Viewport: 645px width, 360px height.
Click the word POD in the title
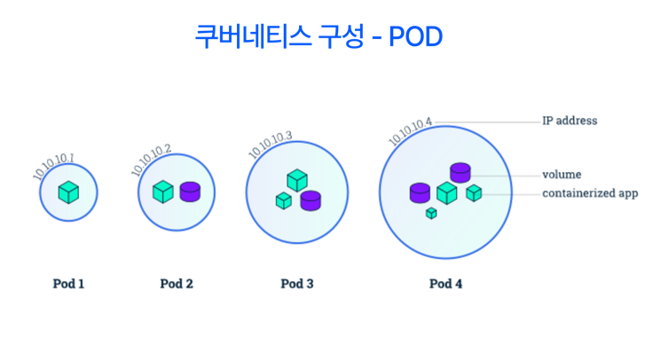pos(416,36)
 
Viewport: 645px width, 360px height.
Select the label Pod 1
pos(68,284)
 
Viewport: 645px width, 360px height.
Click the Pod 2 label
pos(177,284)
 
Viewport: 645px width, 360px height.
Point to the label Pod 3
pos(297,284)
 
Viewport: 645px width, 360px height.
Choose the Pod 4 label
pos(445,284)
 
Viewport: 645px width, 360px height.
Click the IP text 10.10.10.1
pos(53,167)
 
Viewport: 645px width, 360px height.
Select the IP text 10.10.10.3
pos(270,145)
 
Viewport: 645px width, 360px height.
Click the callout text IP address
pos(570,121)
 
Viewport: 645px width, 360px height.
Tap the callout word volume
pos(562,174)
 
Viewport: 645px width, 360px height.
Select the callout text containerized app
pos(590,192)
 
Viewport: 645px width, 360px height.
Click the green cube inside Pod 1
pos(68,192)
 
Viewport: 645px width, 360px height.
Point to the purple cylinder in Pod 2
pos(190,192)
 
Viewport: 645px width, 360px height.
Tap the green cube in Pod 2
pos(163,192)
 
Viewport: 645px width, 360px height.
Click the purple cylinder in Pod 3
pos(310,200)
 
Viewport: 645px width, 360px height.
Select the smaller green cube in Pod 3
pos(283,201)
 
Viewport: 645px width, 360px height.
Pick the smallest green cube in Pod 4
pos(431,213)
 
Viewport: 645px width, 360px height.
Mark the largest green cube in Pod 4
pos(446,192)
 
